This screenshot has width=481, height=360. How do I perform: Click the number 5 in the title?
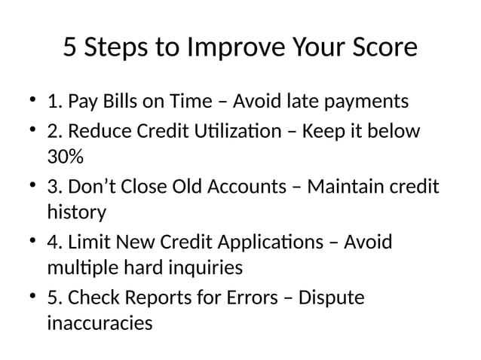point(69,48)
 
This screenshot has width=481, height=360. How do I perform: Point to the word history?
point(76,213)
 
